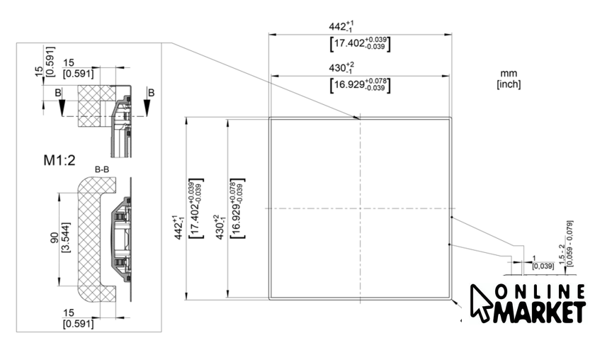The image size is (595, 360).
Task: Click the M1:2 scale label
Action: click(59, 160)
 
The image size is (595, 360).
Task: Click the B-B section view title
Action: click(102, 170)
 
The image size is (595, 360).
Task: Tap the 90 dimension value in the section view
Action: click(55, 238)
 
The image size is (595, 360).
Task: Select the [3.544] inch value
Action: click(66, 237)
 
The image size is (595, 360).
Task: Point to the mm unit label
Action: click(509, 73)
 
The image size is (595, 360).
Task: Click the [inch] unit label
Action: click(509, 84)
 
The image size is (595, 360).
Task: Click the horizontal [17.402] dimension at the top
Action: click(360, 43)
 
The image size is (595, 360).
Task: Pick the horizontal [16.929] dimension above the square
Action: click(360, 84)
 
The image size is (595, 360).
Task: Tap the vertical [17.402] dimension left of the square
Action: click(195, 208)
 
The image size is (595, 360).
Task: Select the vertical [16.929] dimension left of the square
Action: click(237, 208)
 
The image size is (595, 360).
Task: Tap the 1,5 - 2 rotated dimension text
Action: click(562, 254)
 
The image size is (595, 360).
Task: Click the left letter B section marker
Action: click(58, 93)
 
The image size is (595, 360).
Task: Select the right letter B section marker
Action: click(151, 93)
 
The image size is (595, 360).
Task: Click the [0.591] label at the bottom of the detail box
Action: click(78, 324)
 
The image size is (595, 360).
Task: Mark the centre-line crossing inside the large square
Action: click(360, 208)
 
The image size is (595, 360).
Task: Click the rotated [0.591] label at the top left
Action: click(50, 62)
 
